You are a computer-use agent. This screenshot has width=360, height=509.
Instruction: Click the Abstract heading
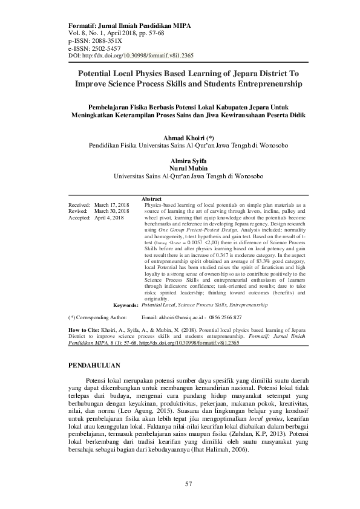click(151, 199)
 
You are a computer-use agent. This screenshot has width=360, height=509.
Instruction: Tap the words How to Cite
click(80, 330)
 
